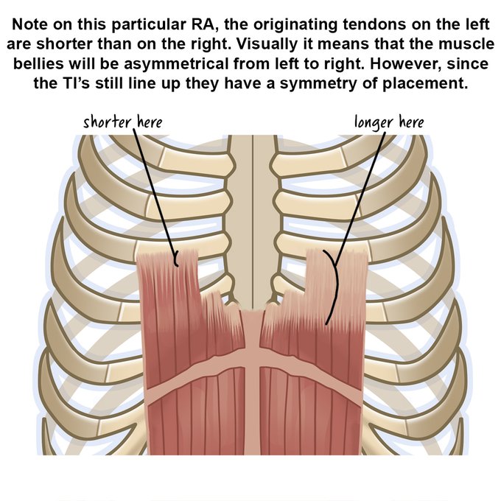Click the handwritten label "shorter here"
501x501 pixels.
(x=122, y=121)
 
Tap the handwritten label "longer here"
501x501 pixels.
(x=389, y=121)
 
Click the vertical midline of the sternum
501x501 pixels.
(x=253, y=221)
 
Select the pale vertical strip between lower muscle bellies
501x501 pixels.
(x=253, y=413)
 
